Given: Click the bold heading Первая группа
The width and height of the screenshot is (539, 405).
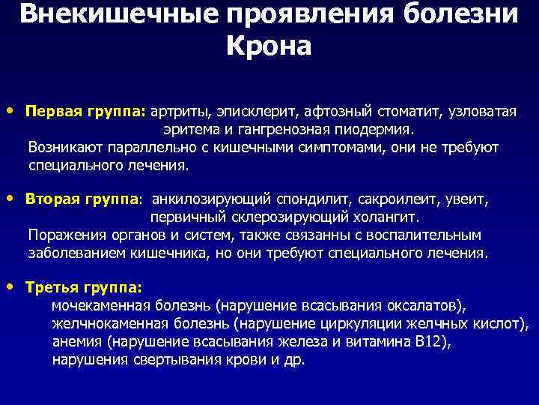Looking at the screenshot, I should pyautogui.click(x=85, y=112).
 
